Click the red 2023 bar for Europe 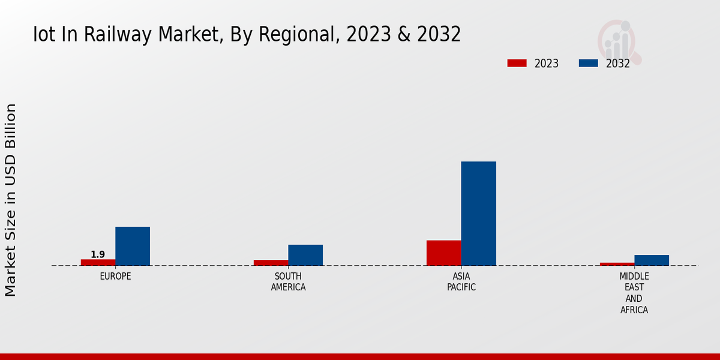pos(98,262)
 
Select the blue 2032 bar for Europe pos(133,246)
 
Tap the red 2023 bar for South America pos(271,263)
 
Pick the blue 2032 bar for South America pos(305,255)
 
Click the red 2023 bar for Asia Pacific pos(444,253)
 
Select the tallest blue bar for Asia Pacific pos(479,214)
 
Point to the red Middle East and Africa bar pos(617,264)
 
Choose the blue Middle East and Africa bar pos(652,260)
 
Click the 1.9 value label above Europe pos(98,254)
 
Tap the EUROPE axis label pos(115,277)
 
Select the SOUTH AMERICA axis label pos(288,282)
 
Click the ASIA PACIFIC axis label pos(461,282)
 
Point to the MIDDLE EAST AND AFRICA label pos(634,293)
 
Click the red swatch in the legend pos(517,63)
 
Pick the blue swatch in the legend pos(588,63)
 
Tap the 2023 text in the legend pos(547,64)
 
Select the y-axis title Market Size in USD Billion pos(11,200)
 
